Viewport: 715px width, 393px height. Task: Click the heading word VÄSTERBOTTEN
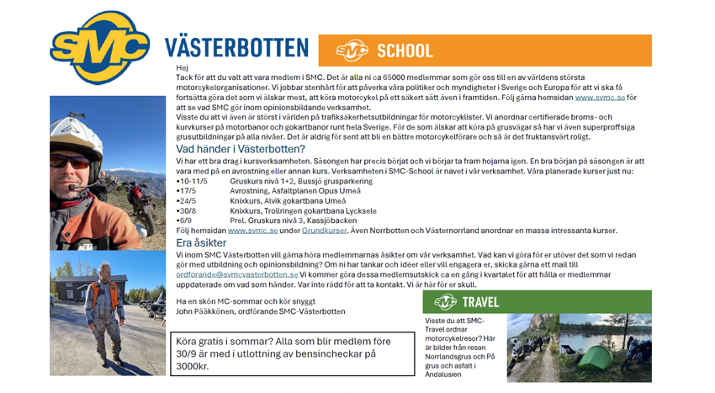236,47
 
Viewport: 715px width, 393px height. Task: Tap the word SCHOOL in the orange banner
405,51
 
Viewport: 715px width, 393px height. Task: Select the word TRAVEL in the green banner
480,302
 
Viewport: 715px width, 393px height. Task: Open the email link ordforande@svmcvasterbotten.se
237,274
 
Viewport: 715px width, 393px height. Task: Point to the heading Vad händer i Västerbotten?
241,150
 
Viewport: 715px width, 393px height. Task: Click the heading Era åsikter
201,242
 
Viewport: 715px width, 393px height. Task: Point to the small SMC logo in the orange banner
352,51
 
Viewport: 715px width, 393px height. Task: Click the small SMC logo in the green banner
446,302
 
